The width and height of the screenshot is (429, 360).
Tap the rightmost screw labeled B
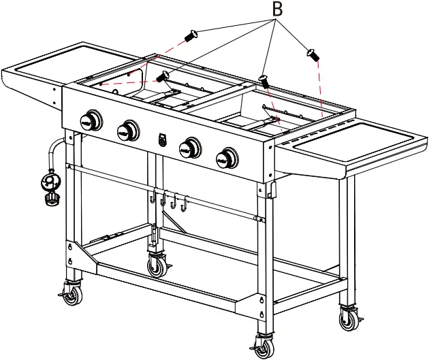313,52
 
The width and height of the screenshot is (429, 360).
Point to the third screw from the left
264,81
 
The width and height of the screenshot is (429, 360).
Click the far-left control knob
91,121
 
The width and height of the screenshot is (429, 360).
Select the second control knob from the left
127,129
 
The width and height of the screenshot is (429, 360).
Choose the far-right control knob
225,159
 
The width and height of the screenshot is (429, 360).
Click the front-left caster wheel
70,293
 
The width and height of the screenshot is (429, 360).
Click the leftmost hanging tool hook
150,198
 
